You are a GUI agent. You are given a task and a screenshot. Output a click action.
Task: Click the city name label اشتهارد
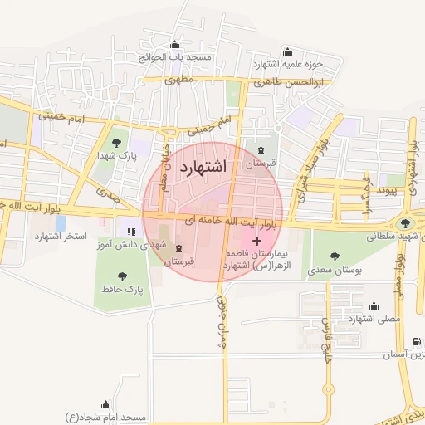[203, 165]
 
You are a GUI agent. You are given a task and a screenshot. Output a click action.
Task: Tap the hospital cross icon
[256, 240]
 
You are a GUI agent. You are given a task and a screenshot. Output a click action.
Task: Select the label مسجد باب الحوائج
[177, 58]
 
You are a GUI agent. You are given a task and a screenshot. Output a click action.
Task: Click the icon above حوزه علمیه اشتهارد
[290, 49]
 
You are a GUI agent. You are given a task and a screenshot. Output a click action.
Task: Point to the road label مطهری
[178, 80]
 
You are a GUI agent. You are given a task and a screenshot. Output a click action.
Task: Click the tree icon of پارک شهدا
[115, 144]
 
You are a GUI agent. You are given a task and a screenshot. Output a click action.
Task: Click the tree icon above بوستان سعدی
[335, 257]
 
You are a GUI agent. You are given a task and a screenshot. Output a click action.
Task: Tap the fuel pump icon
[417, 341]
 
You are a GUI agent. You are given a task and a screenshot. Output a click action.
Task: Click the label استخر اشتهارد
[61, 237]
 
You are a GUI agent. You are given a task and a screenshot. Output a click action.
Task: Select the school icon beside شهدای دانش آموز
[130, 230]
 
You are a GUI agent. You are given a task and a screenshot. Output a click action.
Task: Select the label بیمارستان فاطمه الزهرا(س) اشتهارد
[256, 257]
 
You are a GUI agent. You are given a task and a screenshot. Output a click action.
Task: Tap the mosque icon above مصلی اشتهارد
[374, 305]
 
